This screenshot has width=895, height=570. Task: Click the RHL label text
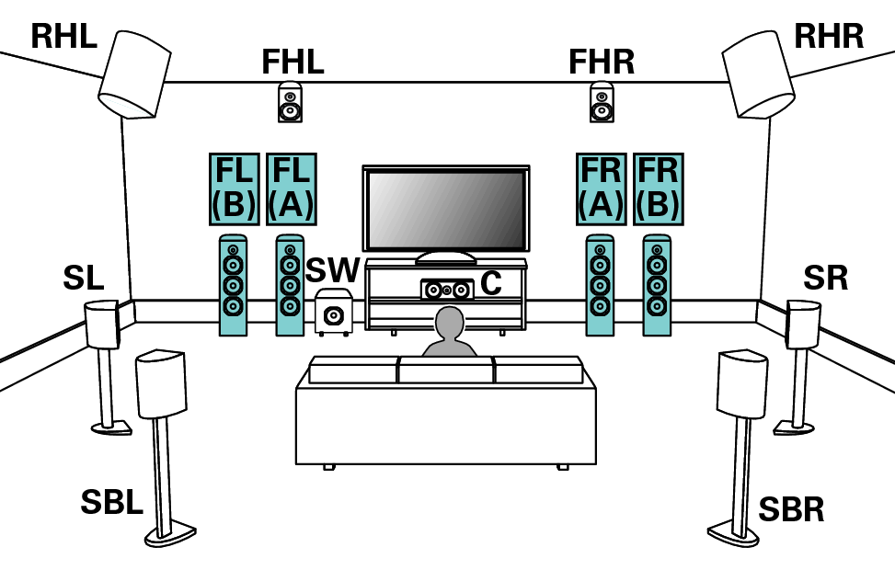(x=63, y=36)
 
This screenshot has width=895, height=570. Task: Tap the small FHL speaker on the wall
(x=290, y=102)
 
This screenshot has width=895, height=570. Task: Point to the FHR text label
(x=602, y=62)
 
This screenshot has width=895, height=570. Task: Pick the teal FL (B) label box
(x=234, y=188)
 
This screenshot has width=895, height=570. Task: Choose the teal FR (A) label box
(x=602, y=188)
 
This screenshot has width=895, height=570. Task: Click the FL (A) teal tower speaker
(x=290, y=286)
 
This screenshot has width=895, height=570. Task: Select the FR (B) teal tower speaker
(x=657, y=286)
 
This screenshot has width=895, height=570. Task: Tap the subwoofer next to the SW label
(x=333, y=312)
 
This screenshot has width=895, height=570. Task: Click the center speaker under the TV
(x=446, y=290)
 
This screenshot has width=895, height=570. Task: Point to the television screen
(x=446, y=209)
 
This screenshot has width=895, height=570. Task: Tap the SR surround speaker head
(x=802, y=324)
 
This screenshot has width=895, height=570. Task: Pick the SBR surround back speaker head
(x=742, y=382)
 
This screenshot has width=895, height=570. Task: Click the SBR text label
(x=791, y=509)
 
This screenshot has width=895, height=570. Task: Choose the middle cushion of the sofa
(x=446, y=370)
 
